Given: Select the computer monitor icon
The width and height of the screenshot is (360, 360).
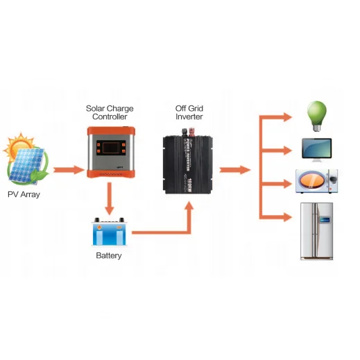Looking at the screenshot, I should coord(316,148).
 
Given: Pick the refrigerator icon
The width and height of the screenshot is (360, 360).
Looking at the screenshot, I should coord(316,231).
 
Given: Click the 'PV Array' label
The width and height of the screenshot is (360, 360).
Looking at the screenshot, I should coord(24,195).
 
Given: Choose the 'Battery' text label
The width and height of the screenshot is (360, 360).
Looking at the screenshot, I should coord(109,256).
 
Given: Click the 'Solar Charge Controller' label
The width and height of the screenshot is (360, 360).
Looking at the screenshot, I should coord(110,112).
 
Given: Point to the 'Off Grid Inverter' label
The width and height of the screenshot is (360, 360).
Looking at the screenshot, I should coord(189,112).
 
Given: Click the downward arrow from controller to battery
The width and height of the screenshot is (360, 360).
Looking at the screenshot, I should coord(109,202).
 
